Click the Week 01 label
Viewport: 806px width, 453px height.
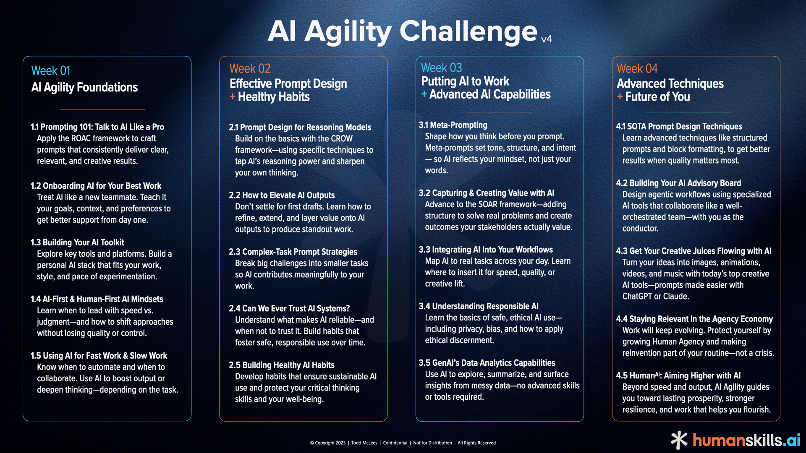[x=51, y=70]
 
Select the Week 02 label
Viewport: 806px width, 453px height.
[x=250, y=68]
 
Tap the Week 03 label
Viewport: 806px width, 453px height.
[x=441, y=68]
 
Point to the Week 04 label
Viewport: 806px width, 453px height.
[x=637, y=68]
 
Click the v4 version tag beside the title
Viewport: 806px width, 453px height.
[x=546, y=39]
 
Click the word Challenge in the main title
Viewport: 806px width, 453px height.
[x=468, y=31]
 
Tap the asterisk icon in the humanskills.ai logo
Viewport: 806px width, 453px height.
[x=679, y=440]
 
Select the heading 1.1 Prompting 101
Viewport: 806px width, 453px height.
[x=97, y=127]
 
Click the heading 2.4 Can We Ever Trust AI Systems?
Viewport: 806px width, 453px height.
[x=289, y=308]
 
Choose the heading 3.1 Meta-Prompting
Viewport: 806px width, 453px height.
[x=453, y=125]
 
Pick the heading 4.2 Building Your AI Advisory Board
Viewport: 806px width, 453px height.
[x=678, y=183]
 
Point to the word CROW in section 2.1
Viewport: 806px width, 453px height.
[x=342, y=139]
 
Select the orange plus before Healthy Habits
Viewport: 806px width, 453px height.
[x=233, y=96]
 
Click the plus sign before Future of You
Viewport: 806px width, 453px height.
[x=620, y=96]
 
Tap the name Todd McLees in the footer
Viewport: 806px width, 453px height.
[x=364, y=443]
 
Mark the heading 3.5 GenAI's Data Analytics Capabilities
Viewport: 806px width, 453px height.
[x=487, y=363]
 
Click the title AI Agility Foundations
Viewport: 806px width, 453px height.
[x=84, y=87]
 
